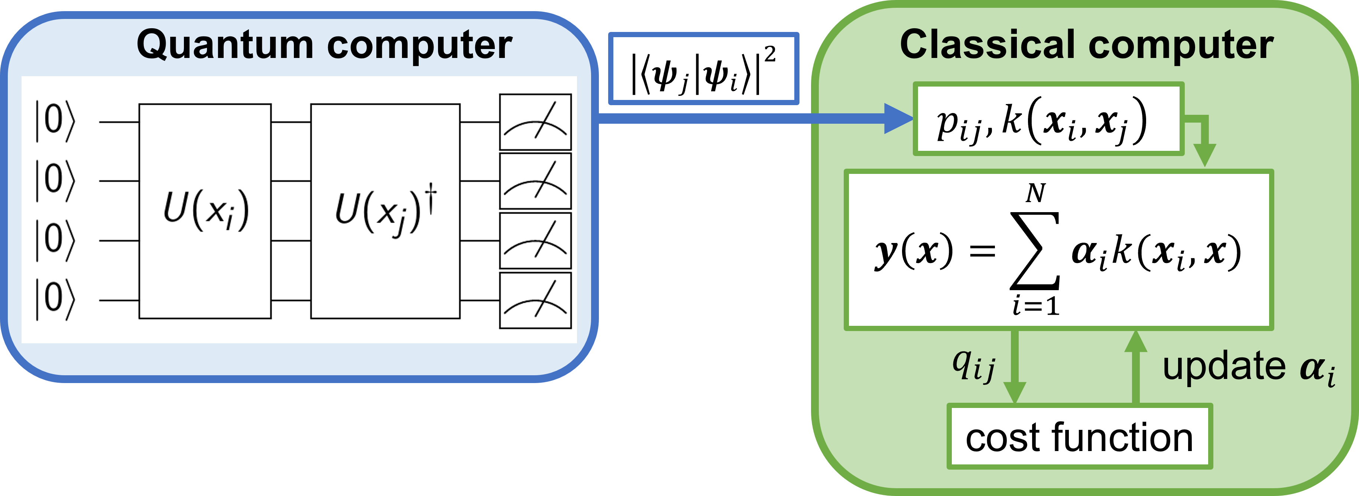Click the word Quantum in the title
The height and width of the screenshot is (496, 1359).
click(224, 45)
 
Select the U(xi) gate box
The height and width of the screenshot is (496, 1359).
click(205, 211)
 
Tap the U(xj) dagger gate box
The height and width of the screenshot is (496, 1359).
click(385, 211)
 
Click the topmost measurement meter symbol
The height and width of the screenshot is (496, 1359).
click(535, 122)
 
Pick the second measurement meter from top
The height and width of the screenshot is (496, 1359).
click(535, 181)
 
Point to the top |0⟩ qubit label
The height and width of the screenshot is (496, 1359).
click(54, 122)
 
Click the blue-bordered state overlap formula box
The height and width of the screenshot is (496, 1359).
click(703, 69)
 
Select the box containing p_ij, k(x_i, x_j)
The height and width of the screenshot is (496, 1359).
click(1048, 119)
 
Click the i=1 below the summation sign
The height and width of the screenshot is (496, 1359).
click(1036, 307)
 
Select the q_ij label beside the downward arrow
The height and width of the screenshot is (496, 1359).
click(973, 366)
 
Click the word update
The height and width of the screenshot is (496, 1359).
click(1224, 366)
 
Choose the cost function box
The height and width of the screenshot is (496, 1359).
click(1079, 437)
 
